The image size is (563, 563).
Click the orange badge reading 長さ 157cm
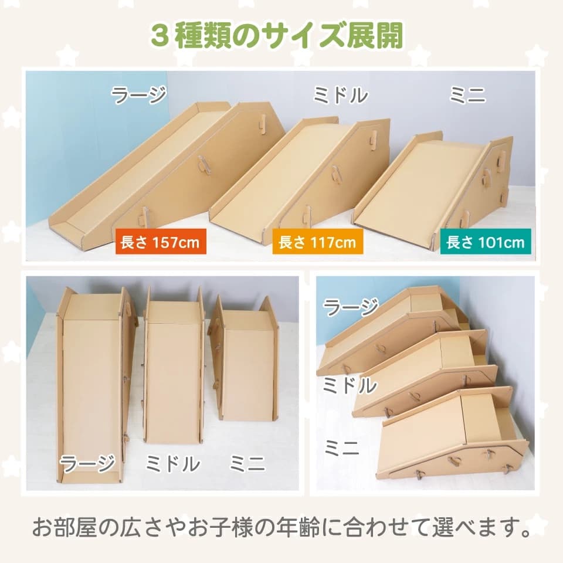click(161, 241)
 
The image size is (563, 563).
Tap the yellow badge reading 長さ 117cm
click(317, 241)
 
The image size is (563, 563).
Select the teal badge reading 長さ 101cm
click(486, 242)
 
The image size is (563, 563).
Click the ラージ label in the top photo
click(138, 95)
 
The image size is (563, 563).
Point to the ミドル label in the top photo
click(340, 95)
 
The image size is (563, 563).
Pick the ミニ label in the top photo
click(467, 95)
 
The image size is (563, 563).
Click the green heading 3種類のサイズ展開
click(277, 36)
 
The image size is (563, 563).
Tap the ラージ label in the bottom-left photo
click(87, 463)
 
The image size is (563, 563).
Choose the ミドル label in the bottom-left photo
click(172, 463)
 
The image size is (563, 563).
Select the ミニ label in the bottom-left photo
click(247, 463)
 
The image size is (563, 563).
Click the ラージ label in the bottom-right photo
click(351, 307)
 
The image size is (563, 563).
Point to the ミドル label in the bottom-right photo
click(350, 385)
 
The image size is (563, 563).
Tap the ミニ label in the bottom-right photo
click(342, 447)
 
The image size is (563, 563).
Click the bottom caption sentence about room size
click(281, 527)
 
